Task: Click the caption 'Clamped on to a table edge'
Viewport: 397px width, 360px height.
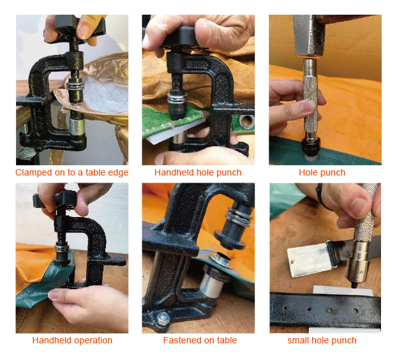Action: [72, 172]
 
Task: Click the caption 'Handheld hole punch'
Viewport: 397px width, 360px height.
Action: [198, 172]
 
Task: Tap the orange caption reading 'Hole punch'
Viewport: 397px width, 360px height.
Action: [322, 172]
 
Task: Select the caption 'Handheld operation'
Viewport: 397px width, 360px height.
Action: [72, 340]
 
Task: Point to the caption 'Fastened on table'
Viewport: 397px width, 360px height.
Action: [200, 340]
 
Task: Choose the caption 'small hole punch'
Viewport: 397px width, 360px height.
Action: [322, 340]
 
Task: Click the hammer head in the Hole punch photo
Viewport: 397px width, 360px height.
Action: [308, 36]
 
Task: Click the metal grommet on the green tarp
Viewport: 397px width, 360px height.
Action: [246, 121]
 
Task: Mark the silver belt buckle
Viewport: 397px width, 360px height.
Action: [308, 259]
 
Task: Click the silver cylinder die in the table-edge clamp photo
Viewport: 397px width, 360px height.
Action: [77, 125]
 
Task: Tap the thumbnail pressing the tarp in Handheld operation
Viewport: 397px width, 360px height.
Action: [54, 295]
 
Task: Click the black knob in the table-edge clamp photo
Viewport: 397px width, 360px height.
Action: [75, 28]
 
